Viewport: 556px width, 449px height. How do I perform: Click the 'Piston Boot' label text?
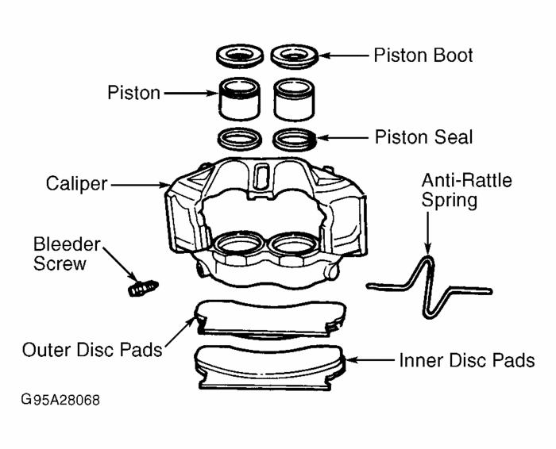(x=423, y=56)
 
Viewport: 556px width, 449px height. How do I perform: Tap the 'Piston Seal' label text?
(x=423, y=137)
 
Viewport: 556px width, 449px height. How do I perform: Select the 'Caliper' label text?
(x=76, y=184)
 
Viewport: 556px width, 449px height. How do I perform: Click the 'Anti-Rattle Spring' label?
(x=466, y=190)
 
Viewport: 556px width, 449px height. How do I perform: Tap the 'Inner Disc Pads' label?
(x=466, y=361)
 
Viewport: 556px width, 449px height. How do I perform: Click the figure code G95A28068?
(x=61, y=400)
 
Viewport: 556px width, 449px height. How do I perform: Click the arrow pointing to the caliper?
(x=139, y=185)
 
